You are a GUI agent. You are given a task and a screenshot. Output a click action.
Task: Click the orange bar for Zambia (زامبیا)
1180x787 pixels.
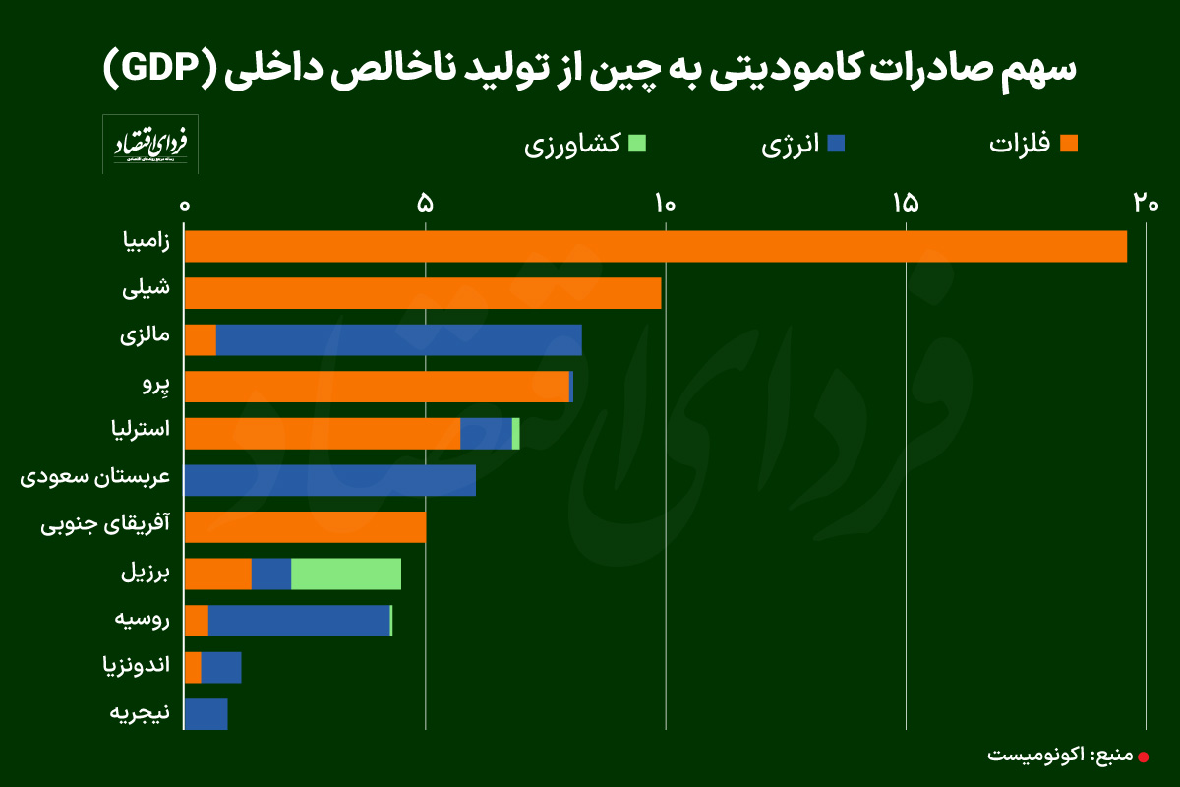(x=655, y=246)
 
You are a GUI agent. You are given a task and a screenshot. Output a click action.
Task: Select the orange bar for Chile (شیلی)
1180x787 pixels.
(x=423, y=293)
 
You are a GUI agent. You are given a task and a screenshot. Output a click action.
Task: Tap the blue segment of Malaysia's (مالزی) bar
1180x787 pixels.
(x=398, y=340)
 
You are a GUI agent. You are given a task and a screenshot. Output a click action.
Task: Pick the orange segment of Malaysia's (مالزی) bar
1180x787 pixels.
(x=201, y=340)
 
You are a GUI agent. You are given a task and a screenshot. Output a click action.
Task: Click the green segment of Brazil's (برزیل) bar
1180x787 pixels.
(x=345, y=575)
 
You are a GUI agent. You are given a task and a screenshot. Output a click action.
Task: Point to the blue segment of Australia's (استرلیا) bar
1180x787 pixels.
(x=486, y=434)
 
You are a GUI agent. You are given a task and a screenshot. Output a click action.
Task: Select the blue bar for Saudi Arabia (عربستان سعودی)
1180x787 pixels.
(x=329, y=480)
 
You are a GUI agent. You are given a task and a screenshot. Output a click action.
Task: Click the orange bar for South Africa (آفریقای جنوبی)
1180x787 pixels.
(x=305, y=527)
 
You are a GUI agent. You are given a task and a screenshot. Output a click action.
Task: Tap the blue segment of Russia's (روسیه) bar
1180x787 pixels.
(x=299, y=621)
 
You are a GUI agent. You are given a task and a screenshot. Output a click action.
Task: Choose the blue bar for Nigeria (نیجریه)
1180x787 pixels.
(x=206, y=714)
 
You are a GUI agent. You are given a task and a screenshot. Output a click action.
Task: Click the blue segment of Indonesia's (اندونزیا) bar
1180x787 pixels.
(x=221, y=668)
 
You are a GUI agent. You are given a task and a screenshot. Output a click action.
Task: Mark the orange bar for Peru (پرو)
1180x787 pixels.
(x=377, y=387)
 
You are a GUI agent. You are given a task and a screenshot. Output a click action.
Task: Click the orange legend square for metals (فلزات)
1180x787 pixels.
(x=1069, y=144)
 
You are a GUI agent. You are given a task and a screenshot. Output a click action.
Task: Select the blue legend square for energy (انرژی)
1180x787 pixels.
(x=837, y=144)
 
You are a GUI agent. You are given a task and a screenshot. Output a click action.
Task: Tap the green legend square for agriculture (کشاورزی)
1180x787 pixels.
(x=636, y=144)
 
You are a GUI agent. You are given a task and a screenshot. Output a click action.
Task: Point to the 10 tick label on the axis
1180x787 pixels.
(x=665, y=204)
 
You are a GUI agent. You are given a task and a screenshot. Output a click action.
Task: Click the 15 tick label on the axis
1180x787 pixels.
(x=905, y=204)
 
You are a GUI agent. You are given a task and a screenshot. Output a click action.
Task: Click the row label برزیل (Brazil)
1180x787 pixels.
(x=145, y=574)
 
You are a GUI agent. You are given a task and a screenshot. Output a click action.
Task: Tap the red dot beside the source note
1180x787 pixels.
(x=1143, y=757)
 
